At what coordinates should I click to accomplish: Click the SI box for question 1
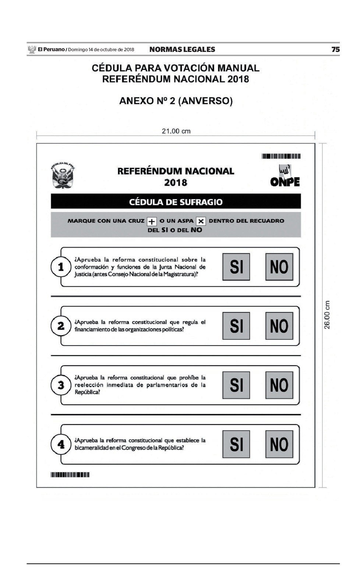point(236,267)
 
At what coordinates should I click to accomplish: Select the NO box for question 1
point(279,267)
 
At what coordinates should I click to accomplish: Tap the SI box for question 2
point(236,326)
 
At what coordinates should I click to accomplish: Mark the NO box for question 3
point(279,385)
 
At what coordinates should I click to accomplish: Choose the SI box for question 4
point(236,444)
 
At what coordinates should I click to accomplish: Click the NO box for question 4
point(279,444)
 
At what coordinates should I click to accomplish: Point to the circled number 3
point(61,385)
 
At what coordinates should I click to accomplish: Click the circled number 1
point(61,267)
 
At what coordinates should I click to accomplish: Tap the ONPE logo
point(285,176)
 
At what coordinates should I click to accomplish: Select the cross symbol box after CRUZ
point(152,221)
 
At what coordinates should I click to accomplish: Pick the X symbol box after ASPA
point(201,221)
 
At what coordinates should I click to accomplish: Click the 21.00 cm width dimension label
point(176,131)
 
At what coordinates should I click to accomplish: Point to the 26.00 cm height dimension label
point(327,315)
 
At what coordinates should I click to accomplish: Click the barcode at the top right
point(281,156)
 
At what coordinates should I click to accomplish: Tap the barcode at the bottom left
point(70,475)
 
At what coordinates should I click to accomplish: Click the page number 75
point(335,49)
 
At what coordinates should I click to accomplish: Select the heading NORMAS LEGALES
point(182,49)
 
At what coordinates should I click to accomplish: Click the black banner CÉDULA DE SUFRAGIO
point(176,202)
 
